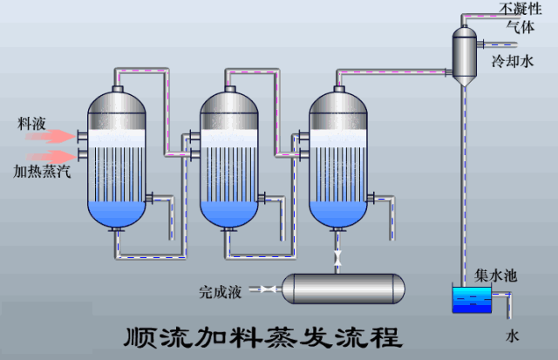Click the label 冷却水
click(512, 62)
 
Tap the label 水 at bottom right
click(512, 336)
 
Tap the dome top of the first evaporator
click(119, 103)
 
